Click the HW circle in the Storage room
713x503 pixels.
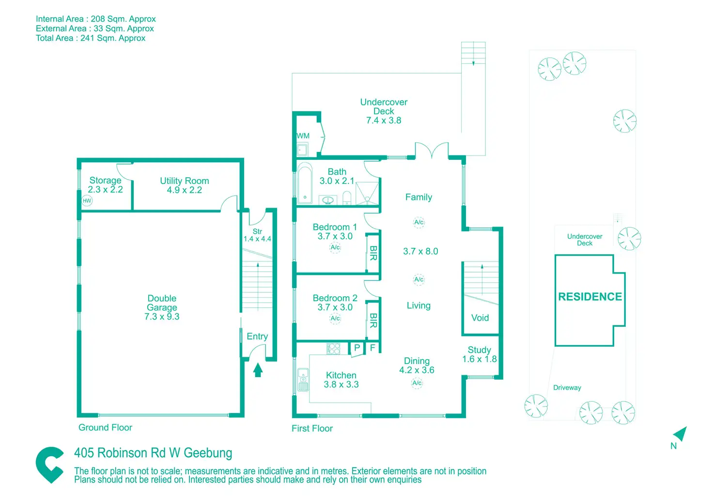(87, 201)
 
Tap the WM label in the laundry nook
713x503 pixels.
(303, 136)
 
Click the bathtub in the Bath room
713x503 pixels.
(305, 183)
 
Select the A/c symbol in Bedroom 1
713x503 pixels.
(335, 247)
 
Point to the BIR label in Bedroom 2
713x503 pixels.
(373, 320)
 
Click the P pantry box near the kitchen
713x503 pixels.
(357, 348)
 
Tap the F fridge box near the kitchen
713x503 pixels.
(372, 347)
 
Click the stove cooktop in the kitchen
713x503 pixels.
(334, 349)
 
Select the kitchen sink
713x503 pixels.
(303, 380)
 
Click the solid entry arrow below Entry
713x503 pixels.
(258, 370)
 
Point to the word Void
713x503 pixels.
(480, 318)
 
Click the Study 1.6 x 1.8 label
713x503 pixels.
(480, 354)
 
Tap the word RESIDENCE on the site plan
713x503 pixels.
(590, 297)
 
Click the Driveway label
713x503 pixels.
(567, 387)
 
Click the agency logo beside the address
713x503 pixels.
(50, 465)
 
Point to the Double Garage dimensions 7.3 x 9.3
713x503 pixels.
(162, 317)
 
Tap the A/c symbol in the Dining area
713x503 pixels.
(417, 383)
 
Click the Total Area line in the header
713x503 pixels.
(91, 38)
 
